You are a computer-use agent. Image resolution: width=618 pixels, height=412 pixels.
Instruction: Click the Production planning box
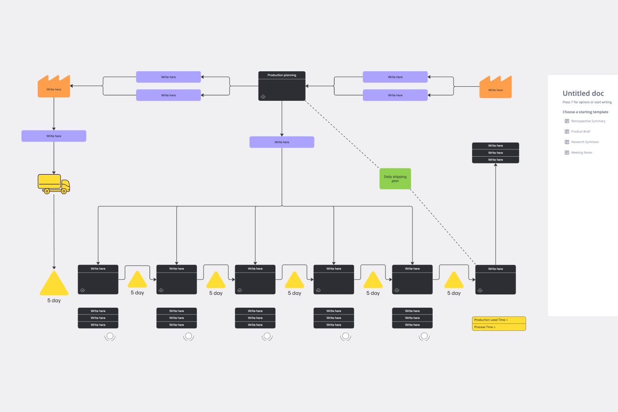(282, 86)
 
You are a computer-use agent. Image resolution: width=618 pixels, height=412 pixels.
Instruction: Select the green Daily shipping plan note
(395, 179)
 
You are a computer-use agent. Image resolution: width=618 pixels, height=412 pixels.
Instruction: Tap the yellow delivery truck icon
(54, 184)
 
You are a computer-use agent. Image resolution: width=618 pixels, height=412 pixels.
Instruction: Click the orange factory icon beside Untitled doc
(495, 87)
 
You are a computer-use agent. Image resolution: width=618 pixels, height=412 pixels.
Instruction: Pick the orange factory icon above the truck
(54, 87)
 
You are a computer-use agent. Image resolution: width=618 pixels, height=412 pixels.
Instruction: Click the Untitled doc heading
(583, 94)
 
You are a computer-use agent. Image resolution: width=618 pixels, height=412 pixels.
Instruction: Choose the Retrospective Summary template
(588, 121)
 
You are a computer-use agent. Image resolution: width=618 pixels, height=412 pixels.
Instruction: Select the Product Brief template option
(580, 131)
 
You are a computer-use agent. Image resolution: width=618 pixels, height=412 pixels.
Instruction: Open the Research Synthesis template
(585, 142)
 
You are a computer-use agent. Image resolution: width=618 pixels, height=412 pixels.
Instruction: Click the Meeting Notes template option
(581, 152)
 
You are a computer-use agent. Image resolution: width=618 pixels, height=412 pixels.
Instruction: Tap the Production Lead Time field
(499, 320)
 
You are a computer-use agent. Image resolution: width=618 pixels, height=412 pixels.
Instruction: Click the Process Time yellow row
(499, 327)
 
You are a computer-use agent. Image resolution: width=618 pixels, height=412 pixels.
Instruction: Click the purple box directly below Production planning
(282, 142)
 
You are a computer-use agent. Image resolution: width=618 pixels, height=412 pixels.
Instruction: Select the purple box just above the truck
(54, 136)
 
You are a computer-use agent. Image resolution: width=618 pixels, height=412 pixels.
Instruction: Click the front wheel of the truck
(64, 191)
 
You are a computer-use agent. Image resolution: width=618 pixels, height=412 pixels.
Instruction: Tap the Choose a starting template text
(585, 112)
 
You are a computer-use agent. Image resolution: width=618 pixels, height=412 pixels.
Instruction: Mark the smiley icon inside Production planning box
(263, 97)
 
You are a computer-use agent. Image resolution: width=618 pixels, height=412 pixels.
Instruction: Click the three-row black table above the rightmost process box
(495, 153)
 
